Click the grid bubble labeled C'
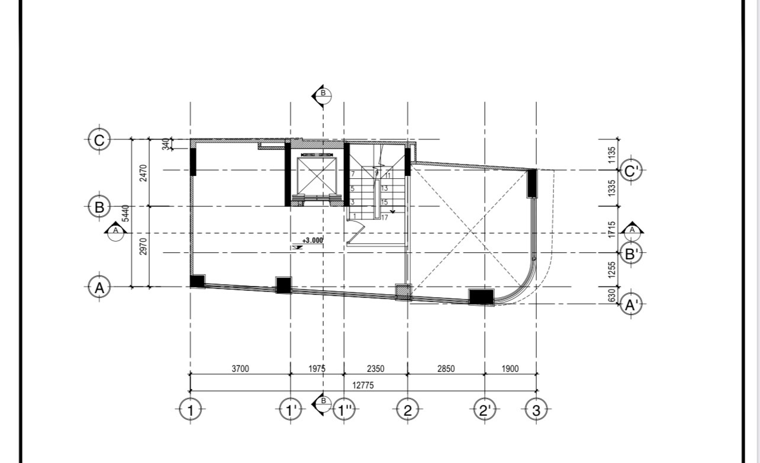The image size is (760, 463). click(631, 171)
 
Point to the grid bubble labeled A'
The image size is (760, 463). click(631, 304)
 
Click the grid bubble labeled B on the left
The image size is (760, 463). click(99, 207)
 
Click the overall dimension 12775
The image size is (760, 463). click(363, 385)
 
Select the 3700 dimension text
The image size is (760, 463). click(240, 368)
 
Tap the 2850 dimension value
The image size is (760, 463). click(446, 368)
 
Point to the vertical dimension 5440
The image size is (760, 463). click(125, 213)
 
